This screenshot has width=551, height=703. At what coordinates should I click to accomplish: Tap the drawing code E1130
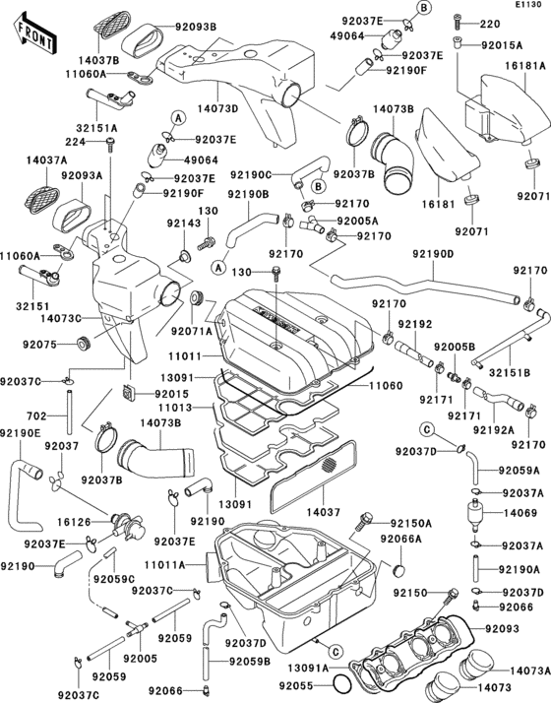pyautogui.click(x=526, y=6)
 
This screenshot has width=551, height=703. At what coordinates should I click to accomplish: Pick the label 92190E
pyautogui.click(x=21, y=432)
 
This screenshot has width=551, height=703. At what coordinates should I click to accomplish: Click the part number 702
pyautogui.click(x=35, y=415)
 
